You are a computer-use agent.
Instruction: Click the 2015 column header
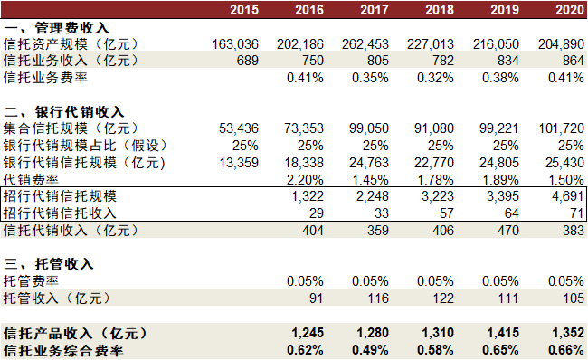(x=244, y=10)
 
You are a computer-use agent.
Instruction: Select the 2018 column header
(x=440, y=10)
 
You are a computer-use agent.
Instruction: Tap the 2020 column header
(x=570, y=10)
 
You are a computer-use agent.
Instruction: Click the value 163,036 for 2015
(x=235, y=44)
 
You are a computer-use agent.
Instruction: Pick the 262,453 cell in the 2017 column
(x=365, y=44)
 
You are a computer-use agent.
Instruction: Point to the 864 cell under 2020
(x=574, y=61)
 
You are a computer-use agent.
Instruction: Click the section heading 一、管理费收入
(x=56, y=28)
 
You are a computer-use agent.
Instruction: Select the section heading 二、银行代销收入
(x=63, y=112)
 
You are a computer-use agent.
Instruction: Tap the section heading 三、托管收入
(x=49, y=264)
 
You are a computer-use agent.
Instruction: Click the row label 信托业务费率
(x=45, y=78)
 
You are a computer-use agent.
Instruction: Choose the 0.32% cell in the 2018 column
(x=435, y=78)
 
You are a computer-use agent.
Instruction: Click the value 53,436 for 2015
(x=239, y=128)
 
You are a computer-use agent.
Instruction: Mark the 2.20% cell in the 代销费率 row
(x=305, y=180)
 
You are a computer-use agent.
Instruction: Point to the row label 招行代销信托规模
(x=60, y=196)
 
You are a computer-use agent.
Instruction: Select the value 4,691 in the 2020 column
(x=568, y=196)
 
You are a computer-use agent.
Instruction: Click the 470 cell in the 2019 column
(x=508, y=231)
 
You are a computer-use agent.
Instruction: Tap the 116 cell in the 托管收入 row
(x=378, y=298)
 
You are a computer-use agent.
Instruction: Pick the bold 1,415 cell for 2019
(x=503, y=333)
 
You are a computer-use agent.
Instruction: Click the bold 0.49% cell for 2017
(x=370, y=350)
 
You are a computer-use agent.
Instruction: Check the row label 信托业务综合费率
(x=63, y=351)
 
